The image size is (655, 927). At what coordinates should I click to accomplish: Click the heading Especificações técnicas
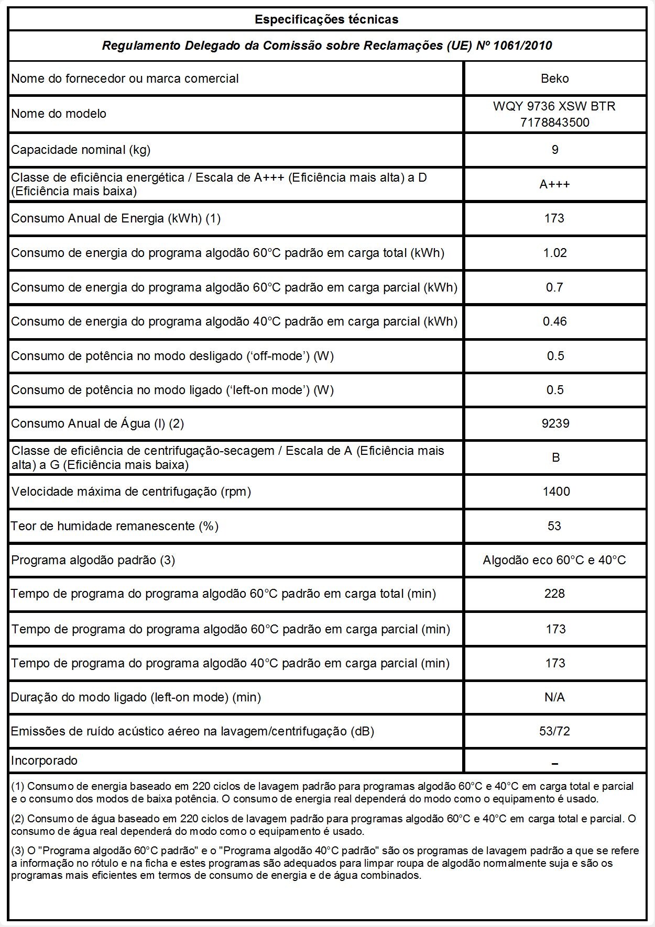[326, 20]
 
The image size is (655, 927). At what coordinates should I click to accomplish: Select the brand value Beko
[554, 79]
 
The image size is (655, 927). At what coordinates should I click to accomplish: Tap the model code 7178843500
[554, 122]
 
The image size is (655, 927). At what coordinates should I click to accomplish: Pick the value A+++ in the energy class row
[554, 184]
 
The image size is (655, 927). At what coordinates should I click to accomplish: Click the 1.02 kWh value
[554, 253]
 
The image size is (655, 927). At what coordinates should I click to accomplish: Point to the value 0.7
[554, 287]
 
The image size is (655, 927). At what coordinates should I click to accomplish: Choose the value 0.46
[554, 321]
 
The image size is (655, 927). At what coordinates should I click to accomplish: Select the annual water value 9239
[555, 423]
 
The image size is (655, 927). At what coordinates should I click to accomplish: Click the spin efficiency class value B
[555, 457]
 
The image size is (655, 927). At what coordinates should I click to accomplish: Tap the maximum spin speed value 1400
[555, 492]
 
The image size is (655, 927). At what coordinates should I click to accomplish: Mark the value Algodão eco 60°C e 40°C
[554, 560]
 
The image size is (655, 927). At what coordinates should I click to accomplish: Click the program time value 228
[554, 594]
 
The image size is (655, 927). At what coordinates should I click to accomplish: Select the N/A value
[554, 697]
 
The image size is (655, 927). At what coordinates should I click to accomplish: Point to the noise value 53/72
[554, 731]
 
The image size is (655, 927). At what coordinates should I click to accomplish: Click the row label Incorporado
[44, 761]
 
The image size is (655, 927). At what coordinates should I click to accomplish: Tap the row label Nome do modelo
[59, 114]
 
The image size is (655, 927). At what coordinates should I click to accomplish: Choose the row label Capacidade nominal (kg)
[81, 150]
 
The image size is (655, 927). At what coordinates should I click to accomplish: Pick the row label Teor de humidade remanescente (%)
[115, 526]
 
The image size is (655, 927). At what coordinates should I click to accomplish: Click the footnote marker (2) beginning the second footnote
[17, 819]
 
